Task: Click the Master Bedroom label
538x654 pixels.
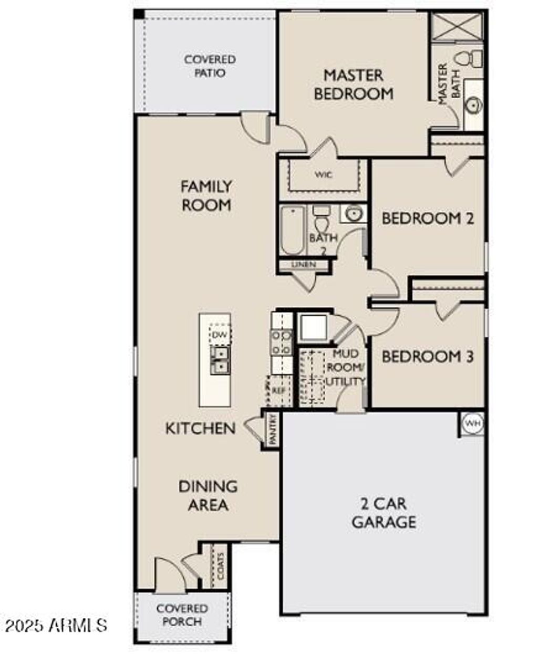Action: (x=353, y=84)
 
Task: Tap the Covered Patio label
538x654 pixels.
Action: (x=210, y=66)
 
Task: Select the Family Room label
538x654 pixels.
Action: (x=206, y=195)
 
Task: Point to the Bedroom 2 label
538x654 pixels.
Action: (x=428, y=218)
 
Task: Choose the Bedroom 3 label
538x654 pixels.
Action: (x=428, y=357)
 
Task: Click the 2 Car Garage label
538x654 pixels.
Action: (x=384, y=513)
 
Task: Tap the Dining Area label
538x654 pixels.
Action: (x=208, y=495)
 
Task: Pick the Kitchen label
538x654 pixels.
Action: (x=200, y=428)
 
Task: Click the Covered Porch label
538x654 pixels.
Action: (x=182, y=615)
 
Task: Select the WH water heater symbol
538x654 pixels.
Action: (x=471, y=423)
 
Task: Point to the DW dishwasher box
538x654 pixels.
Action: (x=220, y=335)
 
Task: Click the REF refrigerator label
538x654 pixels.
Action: (x=278, y=391)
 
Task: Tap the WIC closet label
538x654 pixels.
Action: (x=324, y=175)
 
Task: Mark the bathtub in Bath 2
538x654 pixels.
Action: (x=292, y=230)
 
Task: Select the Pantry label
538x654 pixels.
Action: (x=272, y=430)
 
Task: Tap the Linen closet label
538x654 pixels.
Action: (x=304, y=265)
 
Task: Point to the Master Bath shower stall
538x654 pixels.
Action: (x=456, y=26)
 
